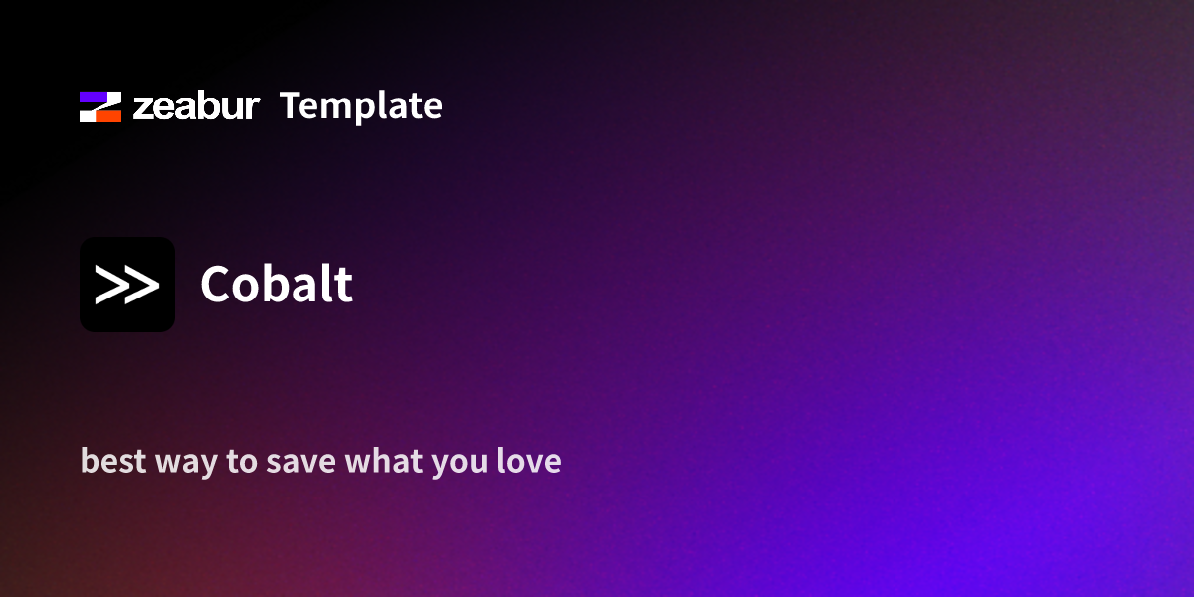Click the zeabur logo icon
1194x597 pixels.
[100, 106]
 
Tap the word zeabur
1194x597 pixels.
[197, 106]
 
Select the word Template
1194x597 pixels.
[361, 106]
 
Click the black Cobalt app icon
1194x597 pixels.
[127, 285]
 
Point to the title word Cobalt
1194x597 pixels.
[277, 285]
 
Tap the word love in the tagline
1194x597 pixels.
[529, 462]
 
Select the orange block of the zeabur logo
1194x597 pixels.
[107, 115]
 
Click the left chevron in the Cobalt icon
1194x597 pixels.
[112, 285]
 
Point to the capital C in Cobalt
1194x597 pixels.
[218, 285]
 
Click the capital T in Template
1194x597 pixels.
[291, 105]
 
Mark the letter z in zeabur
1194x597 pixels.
[142, 109]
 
